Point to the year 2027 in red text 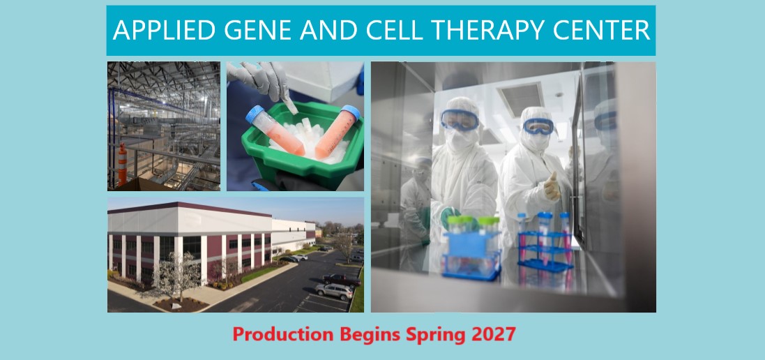pyautogui.click(x=494, y=335)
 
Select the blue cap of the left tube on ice pyautogui.click(x=255, y=114)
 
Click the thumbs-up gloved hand pyautogui.click(x=552, y=187)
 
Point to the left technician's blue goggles pyautogui.click(x=460, y=119)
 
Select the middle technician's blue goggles pyautogui.click(x=538, y=126)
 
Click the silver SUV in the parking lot pyautogui.click(x=334, y=291)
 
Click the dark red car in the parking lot pyautogui.click(x=341, y=280)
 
